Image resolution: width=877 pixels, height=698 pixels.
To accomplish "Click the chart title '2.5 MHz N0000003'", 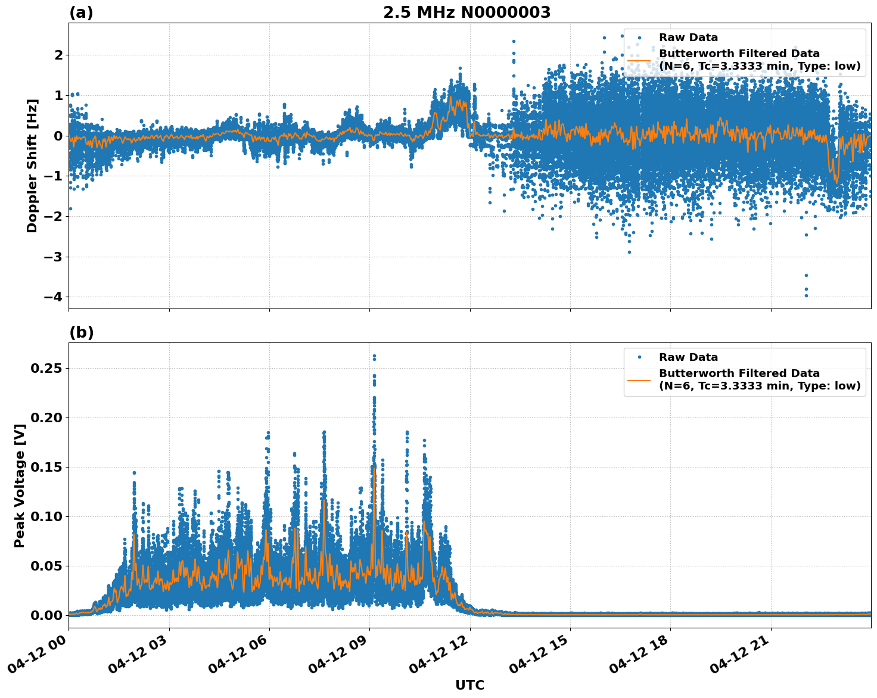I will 467,13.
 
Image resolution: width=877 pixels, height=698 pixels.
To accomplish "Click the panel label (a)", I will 81,13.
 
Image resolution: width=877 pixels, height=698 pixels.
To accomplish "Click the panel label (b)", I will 81,332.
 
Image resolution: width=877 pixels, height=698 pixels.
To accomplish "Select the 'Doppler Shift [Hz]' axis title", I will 32,166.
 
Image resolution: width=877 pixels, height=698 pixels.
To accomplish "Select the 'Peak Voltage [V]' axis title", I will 20,485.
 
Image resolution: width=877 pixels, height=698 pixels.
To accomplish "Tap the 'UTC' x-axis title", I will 469,685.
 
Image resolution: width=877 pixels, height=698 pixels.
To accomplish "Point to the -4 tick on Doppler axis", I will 54,297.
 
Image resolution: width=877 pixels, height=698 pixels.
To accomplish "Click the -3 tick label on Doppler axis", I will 54,257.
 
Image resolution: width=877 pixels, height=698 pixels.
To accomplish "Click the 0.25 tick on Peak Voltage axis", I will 46,368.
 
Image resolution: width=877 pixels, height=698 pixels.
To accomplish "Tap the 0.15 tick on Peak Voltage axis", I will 46,467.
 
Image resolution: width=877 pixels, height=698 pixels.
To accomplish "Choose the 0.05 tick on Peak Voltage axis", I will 46,566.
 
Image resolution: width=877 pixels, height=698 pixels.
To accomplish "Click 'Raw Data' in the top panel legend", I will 688,38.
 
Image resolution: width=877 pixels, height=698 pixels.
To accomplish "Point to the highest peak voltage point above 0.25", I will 374,356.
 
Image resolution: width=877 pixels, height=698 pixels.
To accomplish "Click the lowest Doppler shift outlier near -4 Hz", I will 806,295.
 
